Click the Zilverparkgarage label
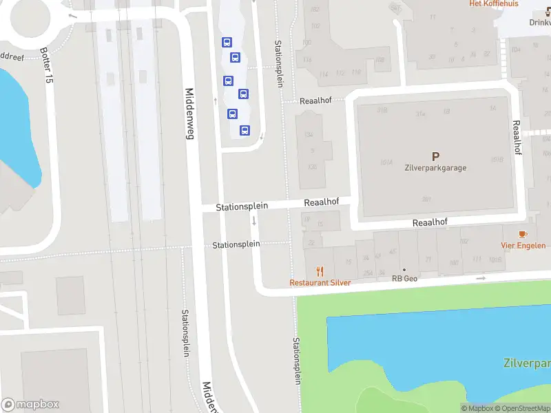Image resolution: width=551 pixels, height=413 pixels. (435, 167)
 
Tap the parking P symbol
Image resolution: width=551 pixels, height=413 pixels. (435, 157)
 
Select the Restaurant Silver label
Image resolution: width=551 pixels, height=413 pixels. (320, 283)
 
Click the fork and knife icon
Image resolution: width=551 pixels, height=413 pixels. (320, 271)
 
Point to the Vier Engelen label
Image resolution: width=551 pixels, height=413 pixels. (523, 246)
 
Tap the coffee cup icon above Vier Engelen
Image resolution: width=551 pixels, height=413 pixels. (522, 234)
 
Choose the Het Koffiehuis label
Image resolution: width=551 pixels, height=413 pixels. (493, 3)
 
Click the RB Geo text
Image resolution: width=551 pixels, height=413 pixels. (405, 279)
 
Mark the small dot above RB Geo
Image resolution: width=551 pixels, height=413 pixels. (404, 270)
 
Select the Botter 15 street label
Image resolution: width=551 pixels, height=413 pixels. (46, 66)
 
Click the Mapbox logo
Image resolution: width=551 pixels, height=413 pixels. (30, 404)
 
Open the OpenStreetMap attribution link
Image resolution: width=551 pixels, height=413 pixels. (521, 409)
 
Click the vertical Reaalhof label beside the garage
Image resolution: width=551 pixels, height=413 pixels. (516, 138)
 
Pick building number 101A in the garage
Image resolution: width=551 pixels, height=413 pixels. (385, 162)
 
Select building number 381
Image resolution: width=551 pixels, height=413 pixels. (427, 199)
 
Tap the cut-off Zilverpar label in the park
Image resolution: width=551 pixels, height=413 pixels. (527, 363)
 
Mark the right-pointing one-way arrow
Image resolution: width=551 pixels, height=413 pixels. (481, 278)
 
